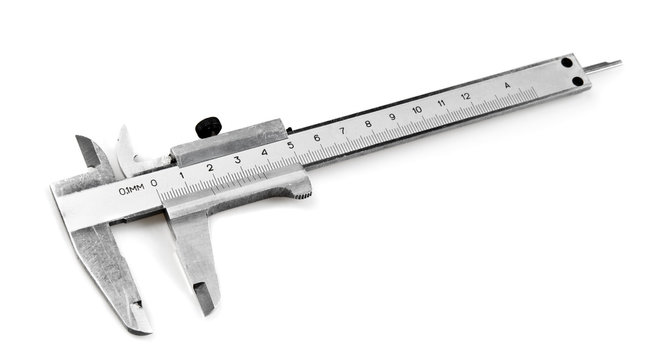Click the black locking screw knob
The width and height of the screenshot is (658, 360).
coord(208,127)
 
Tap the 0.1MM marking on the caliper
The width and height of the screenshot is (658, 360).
coord(131,189)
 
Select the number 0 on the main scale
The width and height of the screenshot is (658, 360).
coord(154,182)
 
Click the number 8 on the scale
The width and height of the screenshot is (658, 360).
coord(367,124)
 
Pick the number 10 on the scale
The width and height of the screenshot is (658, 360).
coord(416,109)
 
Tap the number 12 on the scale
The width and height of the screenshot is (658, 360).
coord(465,96)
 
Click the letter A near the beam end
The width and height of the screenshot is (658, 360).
coord(507,85)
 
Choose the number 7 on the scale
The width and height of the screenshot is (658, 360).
coord(342,131)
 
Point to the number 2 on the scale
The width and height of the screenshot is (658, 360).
coord(209,167)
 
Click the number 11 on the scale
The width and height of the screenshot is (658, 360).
coord(441,102)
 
